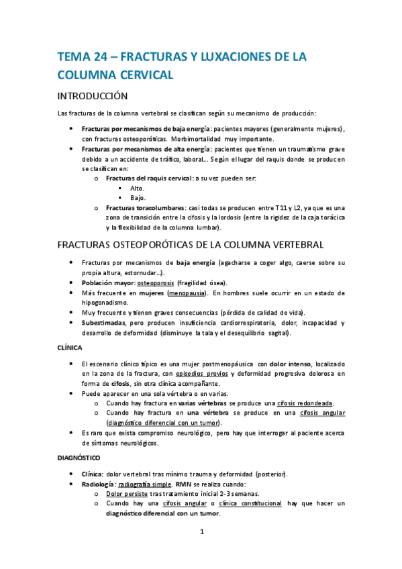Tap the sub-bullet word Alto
136,189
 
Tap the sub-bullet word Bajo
136,198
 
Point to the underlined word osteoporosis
157,282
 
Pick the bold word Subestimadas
106,323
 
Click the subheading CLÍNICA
69,348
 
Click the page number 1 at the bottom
201,533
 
